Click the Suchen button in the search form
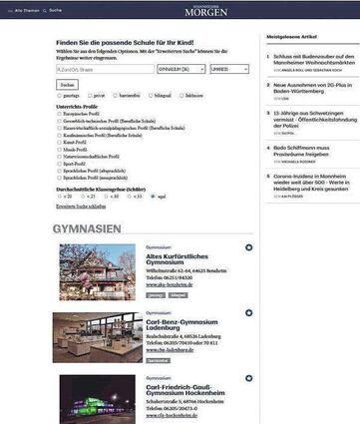pyautogui.click(x=68, y=85)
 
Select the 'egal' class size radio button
pyautogui.click(x=152, y=197)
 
